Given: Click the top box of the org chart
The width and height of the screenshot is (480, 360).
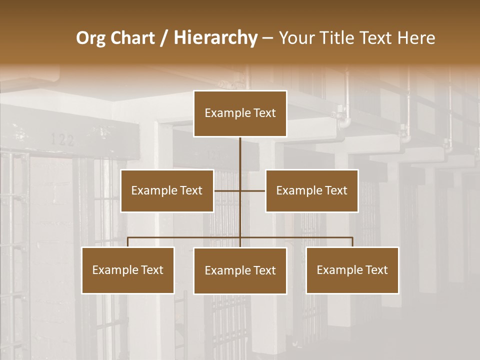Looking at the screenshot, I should point(240,113).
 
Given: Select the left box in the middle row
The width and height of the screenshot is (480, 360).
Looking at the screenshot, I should point(167,190).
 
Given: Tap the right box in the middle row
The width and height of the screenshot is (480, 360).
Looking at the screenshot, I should point(311,190).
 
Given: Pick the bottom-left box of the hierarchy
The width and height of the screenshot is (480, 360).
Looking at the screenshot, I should point(128,270).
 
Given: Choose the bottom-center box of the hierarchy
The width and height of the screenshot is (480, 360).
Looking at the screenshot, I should point(240,270).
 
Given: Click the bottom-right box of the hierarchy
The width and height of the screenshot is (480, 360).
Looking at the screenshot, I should point(352,270).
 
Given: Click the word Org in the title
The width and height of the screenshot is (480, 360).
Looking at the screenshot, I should point(90,38).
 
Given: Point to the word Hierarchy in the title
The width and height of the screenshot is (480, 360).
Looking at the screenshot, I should point(215,38).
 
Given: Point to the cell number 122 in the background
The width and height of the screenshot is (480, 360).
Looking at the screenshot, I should point(62,139).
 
